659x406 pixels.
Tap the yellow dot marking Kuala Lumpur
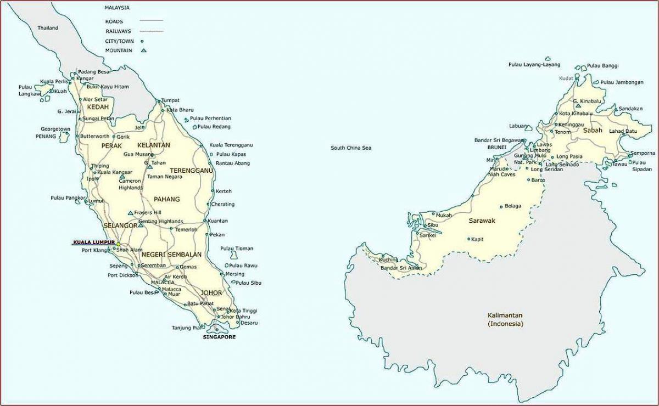pyautogui.click(x=118, y=244)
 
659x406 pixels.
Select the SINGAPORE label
pyautogui.click(x=219, y=337)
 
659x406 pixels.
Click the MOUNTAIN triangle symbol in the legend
pyautogui.click(x=144, y=50)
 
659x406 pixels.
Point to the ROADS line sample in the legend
pyautogui.click(x=152, y=21)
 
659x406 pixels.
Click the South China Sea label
pyautogui.click(x=351, y=148)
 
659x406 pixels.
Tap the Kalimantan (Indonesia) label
pyautogui.click(x=505, y=319)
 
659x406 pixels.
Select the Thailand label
pyautogui.click(x=48, y=28)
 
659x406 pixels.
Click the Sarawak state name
pyautogui.click(x=482, y=221)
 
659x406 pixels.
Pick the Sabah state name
pyautogui.click(x=593, y=131)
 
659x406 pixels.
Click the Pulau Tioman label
pyautogui.click(x=237, y=249)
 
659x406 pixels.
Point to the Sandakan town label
pyautogui.click(x=630, y=109)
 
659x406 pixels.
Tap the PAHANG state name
pyautogui.click(x=167, y=199)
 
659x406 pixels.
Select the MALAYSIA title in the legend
pyautogui.click(x=117, y=8)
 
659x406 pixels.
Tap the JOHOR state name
pyautogui.click(x=211, y=292)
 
